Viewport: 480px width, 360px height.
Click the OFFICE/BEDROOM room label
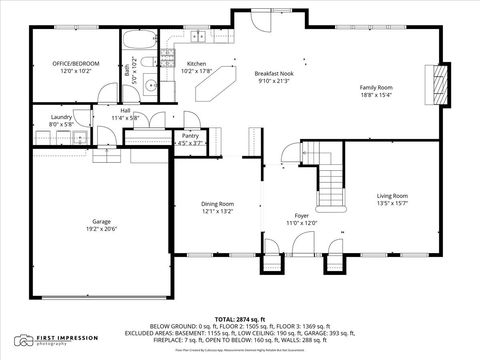pyautogui.click(x=71, y=64)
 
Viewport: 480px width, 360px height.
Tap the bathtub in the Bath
pyautogui.click(x=138, y=42)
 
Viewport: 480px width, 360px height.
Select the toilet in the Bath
pyautogui.click(x=147, y=64)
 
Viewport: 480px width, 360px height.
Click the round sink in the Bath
pyautogui.click(x=151, y=84)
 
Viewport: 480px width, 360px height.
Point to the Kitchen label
pyautogui.click(x=197, y=64)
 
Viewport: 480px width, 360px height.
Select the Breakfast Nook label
pyautogui.click(x=272, y=74)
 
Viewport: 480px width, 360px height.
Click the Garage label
pyautogui.click(x=101, y=222)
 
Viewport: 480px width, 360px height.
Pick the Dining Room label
pyautogui.click(x=217, y=204)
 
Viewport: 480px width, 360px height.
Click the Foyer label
pyautogui.click(x=301, y=215)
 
